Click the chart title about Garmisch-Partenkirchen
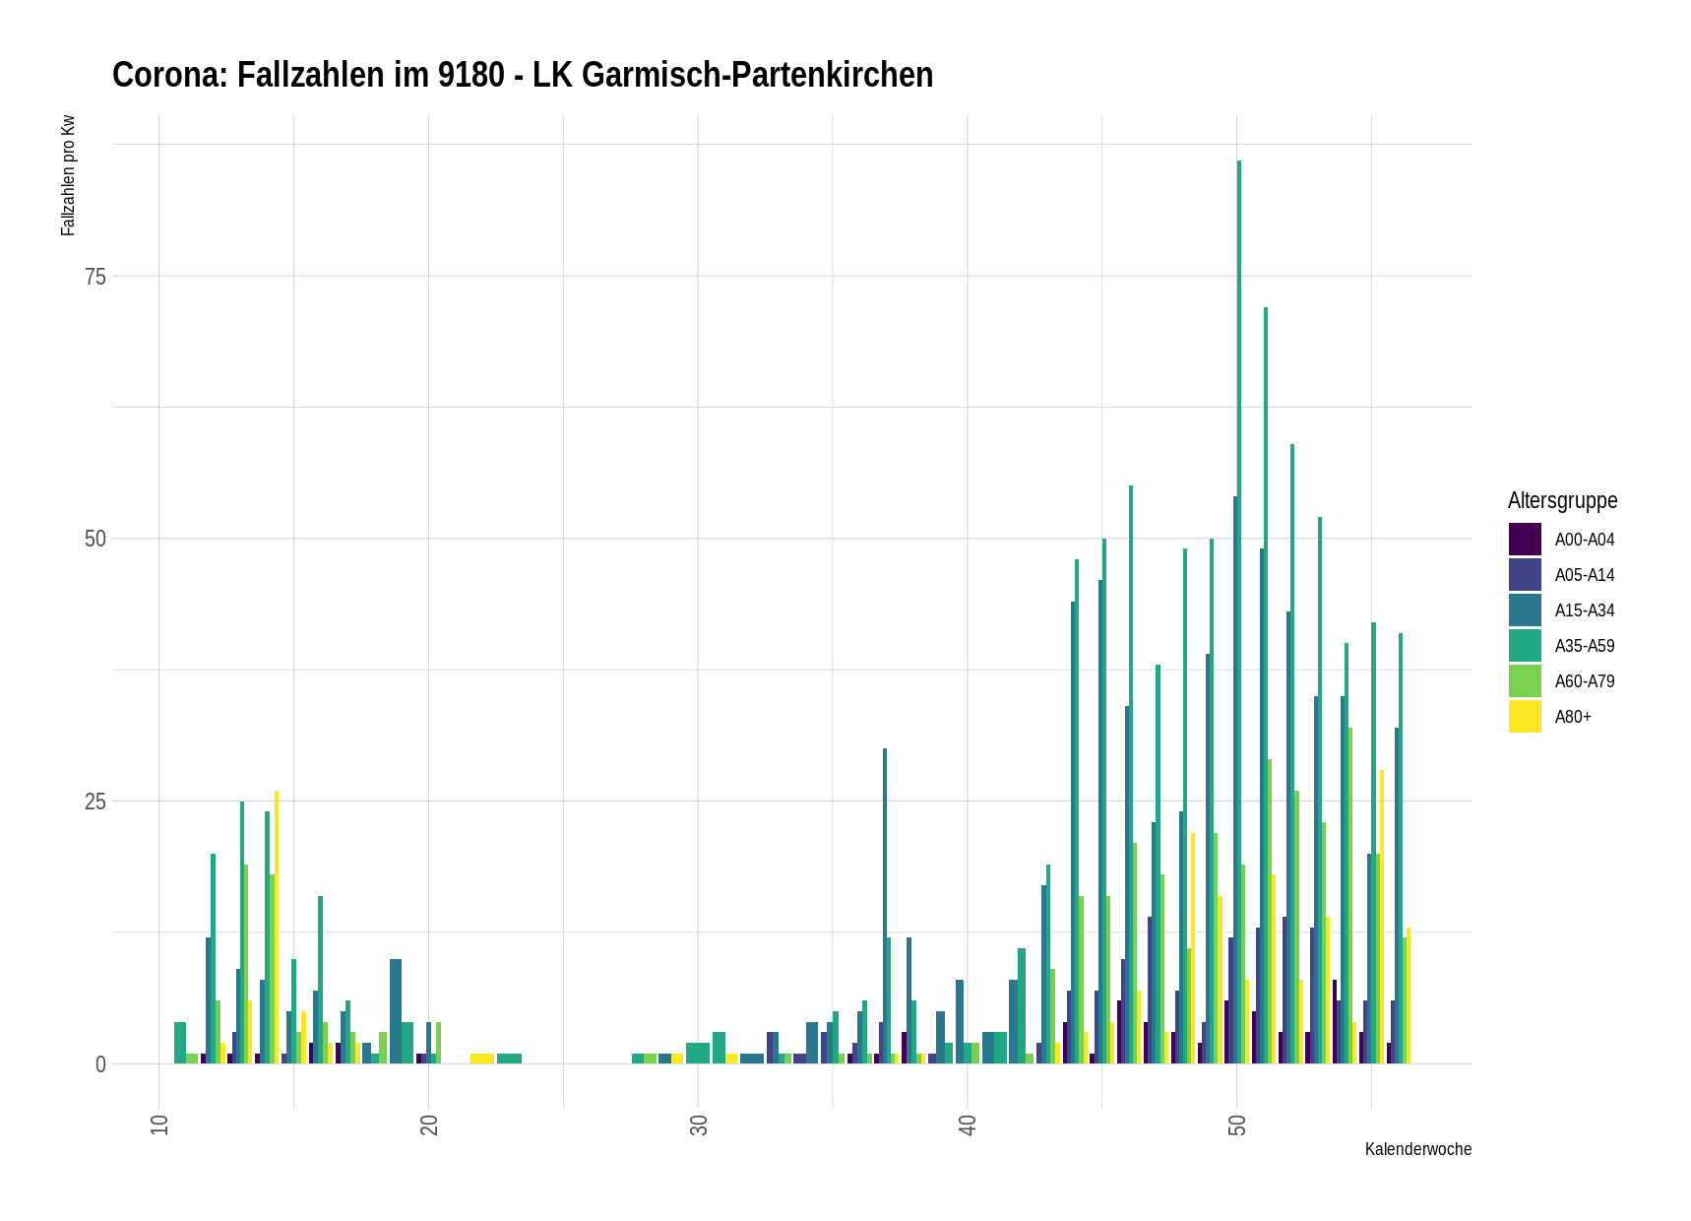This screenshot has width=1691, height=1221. (x=523, y=75)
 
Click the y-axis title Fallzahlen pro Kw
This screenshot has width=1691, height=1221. (x=68, y=176)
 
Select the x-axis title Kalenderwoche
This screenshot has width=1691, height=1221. (x=1417, y=1149)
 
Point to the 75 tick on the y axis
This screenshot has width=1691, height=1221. (x=94, y=277)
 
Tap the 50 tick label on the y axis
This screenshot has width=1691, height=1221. (x=94, y=539)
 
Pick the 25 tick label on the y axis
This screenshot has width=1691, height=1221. (x=94, y=802)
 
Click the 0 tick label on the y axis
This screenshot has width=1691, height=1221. (x=100, y=1064)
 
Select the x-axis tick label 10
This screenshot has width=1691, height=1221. (x=159, y=1125)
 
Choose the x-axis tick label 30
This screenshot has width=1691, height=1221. (x=699, y=1125)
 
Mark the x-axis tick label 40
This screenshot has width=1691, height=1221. (x=968, y=1125)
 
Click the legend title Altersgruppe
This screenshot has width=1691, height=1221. (x=1562, y=500)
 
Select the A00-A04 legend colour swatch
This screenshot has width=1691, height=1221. (x=1525, y=540)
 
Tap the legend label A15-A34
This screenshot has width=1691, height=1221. (x=1585, y=610)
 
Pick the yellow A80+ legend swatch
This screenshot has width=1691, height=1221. (x=1525, y=717)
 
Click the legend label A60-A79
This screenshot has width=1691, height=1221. (x=1585, y=681)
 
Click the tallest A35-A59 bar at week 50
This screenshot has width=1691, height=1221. (x=1239, y=610)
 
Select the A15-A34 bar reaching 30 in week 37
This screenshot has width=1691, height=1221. (x=885, y=906)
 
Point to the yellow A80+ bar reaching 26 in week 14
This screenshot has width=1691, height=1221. (x=277, y=926)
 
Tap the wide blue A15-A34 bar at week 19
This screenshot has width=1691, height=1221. (x=396, y=1011)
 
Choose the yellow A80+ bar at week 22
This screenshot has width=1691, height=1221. (x=482, y=1059)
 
